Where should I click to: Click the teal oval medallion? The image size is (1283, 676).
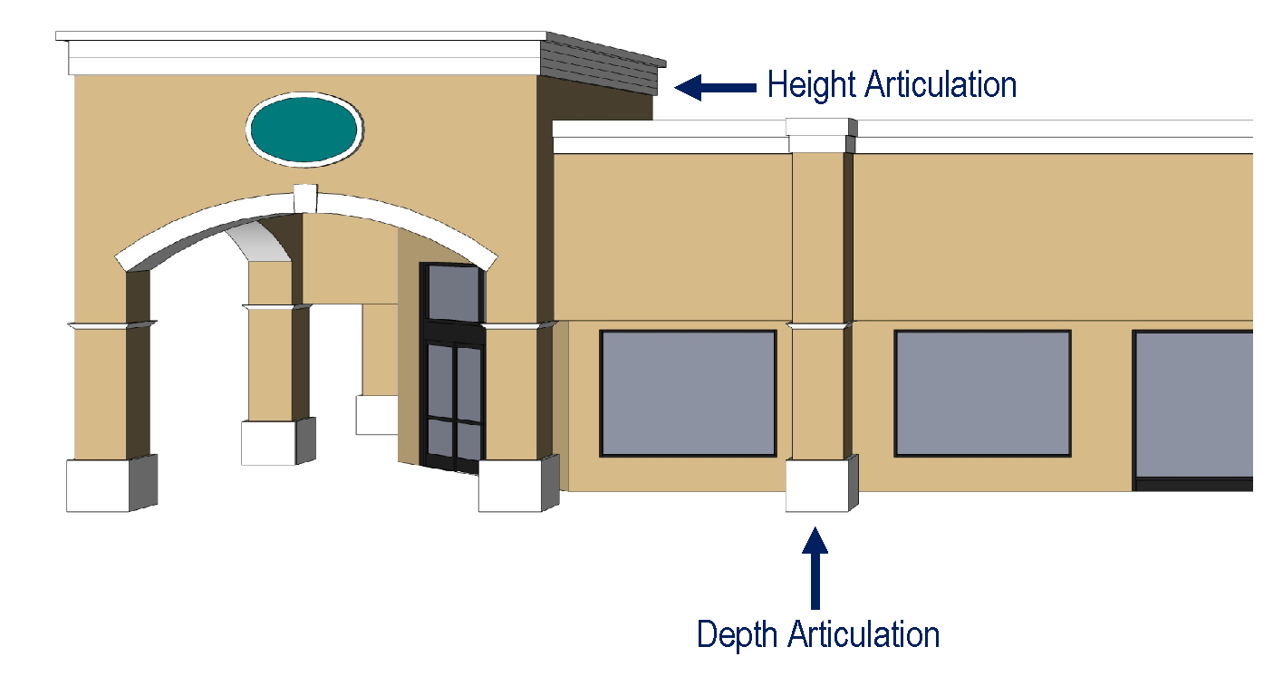click(304, 129)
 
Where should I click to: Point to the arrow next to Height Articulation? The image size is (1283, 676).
click(715, 87)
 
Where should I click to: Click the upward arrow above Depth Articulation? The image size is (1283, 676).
click(815, 566)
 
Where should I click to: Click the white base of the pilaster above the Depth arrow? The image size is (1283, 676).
click(816, 487)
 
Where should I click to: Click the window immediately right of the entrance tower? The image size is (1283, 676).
click(688, 393)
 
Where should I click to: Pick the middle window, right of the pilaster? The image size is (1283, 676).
click(982, 393)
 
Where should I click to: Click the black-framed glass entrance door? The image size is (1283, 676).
click(454, 403)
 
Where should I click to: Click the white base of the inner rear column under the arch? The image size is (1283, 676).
click(268, 442)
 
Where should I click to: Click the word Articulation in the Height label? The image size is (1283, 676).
click(940, 85)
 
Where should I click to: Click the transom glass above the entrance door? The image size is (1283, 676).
click(452, 293)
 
